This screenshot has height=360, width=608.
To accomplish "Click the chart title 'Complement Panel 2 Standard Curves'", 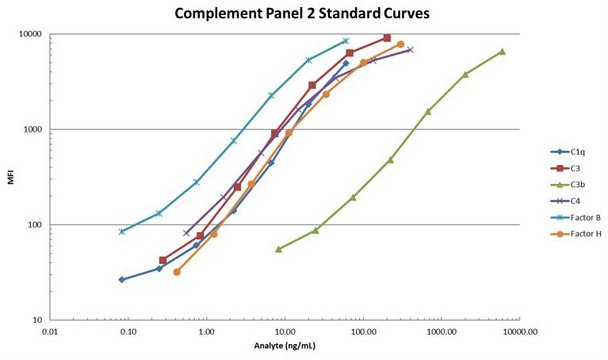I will (x=302, y=14).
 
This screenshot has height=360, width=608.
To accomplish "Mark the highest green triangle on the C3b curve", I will (x=502, y=51).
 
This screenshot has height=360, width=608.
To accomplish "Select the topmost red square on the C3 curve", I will (x=387, y=38).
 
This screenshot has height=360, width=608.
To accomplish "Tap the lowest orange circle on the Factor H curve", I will (x=177, y=272).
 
